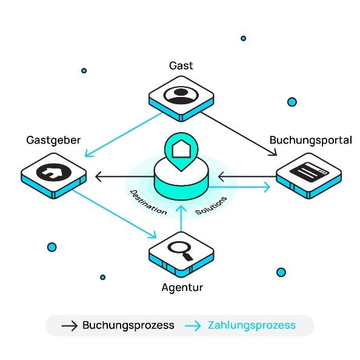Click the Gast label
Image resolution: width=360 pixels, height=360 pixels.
click(x=181, y=65)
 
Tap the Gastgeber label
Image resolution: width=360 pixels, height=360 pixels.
click(x=53, y=141)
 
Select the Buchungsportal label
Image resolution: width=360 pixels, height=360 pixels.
click(x=311, y=141)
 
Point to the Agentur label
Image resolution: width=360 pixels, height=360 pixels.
click(x=182, y=288)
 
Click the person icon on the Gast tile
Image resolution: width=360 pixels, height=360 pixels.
click(x=181, y=95)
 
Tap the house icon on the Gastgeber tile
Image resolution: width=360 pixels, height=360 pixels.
click(x=54, y=172)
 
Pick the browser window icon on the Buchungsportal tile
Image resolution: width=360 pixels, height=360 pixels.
click(x=309, y=172)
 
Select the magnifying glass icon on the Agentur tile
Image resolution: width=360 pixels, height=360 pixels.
click(x=180, y=251)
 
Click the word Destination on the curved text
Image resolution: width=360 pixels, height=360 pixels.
click(x=148, y=202)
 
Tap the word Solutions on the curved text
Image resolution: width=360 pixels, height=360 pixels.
click(x=212, y=205)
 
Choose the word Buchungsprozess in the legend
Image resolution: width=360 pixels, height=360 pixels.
click(x=128, y=325)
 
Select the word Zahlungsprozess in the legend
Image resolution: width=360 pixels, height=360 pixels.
click(x=252, y=325)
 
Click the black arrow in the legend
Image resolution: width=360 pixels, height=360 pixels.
click(x=70, y=326)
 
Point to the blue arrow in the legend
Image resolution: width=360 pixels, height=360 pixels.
click(x=193, y=326)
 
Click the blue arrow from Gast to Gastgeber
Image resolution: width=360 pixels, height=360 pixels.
click(x=124, y=135)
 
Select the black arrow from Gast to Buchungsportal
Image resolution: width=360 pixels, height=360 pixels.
click(x=239, y=134)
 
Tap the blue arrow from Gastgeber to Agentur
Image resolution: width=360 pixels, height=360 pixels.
click(x=115, y=214)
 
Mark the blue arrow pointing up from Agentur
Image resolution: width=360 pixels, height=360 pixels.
click(x=181, y=219)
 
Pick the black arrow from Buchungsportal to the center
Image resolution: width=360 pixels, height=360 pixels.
click(x=247, y=176)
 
